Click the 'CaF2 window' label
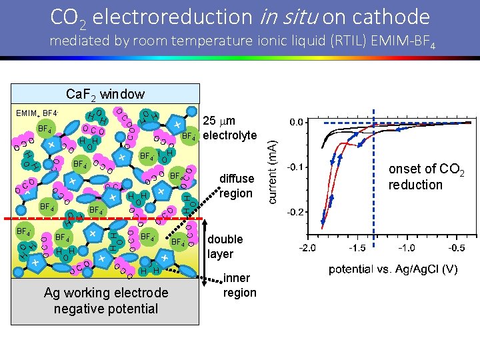coord(105,95)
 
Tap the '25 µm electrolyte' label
coord(229,129)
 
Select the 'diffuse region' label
coord(237,186)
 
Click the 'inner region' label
coord(239,285)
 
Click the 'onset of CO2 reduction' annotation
coord(425,177)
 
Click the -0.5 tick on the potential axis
coord(456,248)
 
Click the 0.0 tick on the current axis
coord(296,123)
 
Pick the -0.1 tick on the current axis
coord(295,167)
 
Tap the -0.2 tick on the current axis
coord(295,212)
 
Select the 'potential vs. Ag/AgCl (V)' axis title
coord(393,269)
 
